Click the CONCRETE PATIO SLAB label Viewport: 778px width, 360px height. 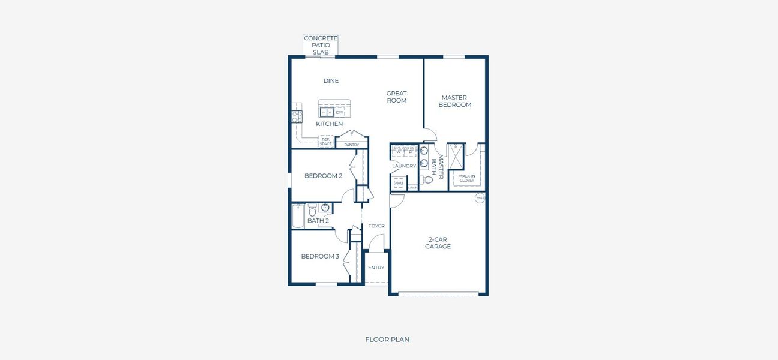[x=321, y=45]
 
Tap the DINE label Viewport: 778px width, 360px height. [x=331, y=81]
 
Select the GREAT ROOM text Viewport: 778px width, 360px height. [x=396, y=97]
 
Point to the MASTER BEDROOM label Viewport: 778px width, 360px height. [x=454, y=101]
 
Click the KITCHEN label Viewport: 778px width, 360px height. [x=330, y=124]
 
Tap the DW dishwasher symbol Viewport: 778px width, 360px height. [x=339, y=112]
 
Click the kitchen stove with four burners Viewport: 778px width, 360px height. [x=297, y=116]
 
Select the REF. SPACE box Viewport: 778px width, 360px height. [x=325, y=142]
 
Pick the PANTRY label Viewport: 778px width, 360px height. [x=351, y=145]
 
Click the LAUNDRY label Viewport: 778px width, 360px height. [x=404, y=166]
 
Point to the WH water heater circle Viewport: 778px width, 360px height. [x=480, y=198]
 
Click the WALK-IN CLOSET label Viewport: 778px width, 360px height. [x=466, y=178]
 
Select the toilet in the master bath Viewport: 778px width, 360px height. [x=428, y=179]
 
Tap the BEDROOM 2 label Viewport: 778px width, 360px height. [x=323, y=176]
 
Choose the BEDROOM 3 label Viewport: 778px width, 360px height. [x=320, y=256]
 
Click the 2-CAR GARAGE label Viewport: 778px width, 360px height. [x=438, y=243]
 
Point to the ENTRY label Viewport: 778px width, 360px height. [x=376, y=268]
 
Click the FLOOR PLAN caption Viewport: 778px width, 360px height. [x=387, y=340]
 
